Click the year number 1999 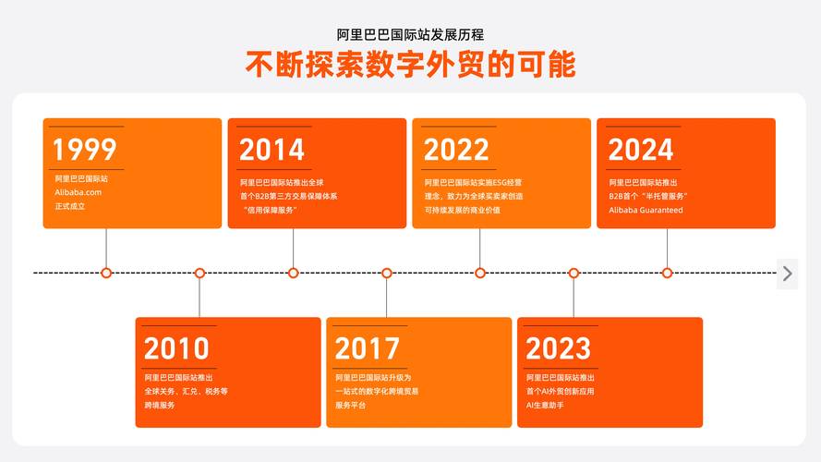click(x=84, y=150)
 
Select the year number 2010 click(x=176, y=348)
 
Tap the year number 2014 click(x=272, y=150)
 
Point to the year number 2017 click(x=367, y=348)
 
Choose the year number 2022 click(x=456, y=150)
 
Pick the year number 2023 click(x=558, y=348)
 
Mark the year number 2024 click(x=641, y=150)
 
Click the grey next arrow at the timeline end click(x=787, y=273)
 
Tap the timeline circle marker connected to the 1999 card click(x=106, y=273)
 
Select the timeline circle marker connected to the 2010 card click(x=199, y=273)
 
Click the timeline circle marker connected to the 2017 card click(x=387, y=273)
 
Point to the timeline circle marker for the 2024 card click(x=668, y=273)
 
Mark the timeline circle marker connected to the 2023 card click(x=573, y=273)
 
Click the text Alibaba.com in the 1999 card click(x=78, y=192)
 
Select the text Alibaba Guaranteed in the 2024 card click(x=646, y=210)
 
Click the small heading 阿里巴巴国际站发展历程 click(x=410, y=35)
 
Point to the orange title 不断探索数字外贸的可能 click(x=410, y=65)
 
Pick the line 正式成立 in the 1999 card click(x=69, y=206)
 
